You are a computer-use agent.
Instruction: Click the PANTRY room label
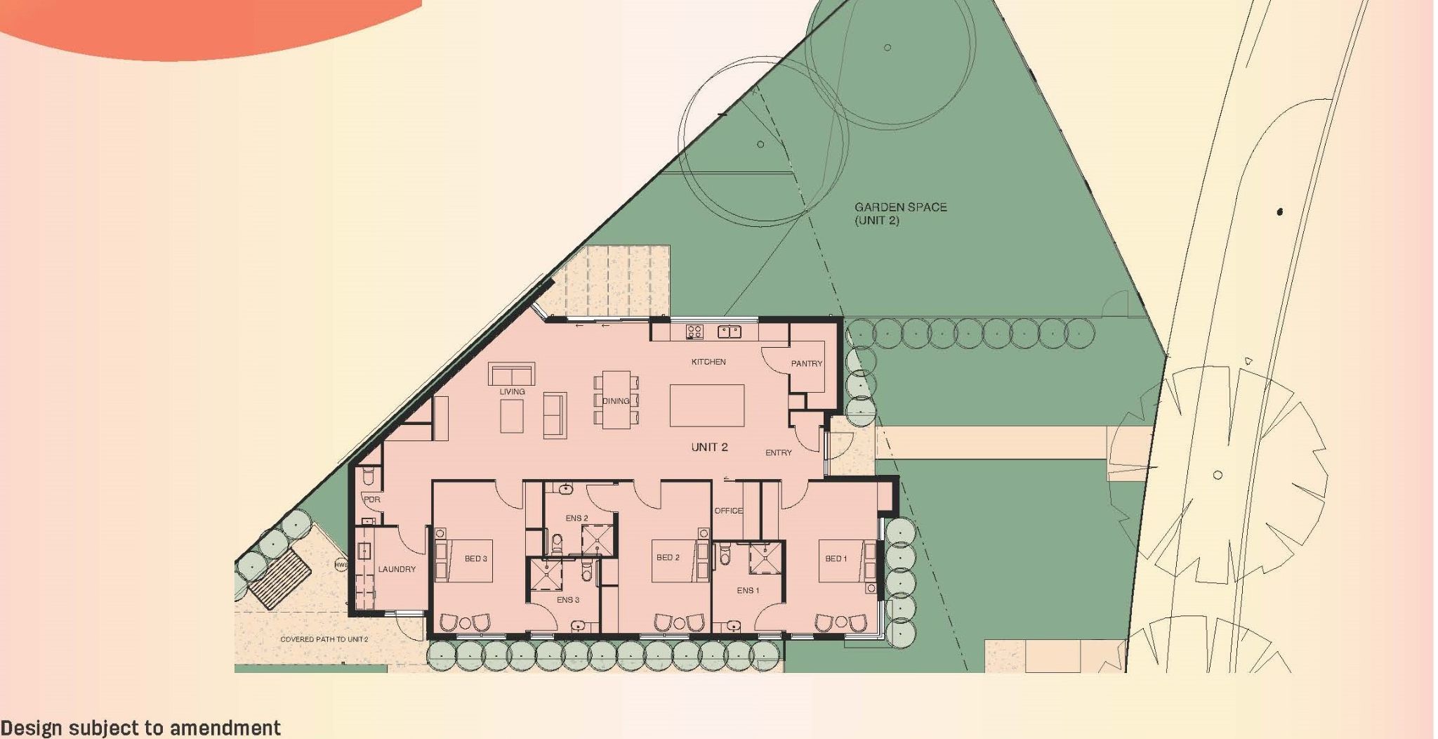pyautogui.click(x=806, y=364)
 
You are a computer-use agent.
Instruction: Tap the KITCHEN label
pyautogui.click(x=708, y=362)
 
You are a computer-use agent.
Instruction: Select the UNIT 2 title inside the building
pyautogui.click(x=709, y=447)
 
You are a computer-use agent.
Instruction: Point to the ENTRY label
pyautogui.click(x=778, y=453)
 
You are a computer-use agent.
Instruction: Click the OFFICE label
pyautogui.click(x=728, y=511)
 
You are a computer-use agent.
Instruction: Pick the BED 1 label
pyautogui.click(x=836, y=558)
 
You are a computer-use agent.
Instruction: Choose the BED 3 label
pyautogui.click(x=475, y=558)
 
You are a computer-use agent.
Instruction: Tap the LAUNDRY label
pyautogui.click(x=397, y=569)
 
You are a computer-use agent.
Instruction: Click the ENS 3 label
pyautogui.click(x=568, y=600)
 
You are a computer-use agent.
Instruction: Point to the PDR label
pyautogui.click(x=371, y=499)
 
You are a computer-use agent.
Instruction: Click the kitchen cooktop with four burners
pyautogui.click(x=694, y=331)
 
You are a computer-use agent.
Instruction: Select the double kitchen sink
pyautogui.click(x=729, y=331)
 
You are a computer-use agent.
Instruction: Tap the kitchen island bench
pyautogui.click(x=706, y=405)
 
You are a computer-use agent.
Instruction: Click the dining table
pyautogui.click(x=616, y=400)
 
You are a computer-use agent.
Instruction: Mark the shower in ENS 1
pyautogui.click(x=765, y=558)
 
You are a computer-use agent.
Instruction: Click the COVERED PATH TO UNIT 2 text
pyautogui.click(x=324, y=639)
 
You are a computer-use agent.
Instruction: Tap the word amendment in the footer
pyautogui.click(x=225, y=728)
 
